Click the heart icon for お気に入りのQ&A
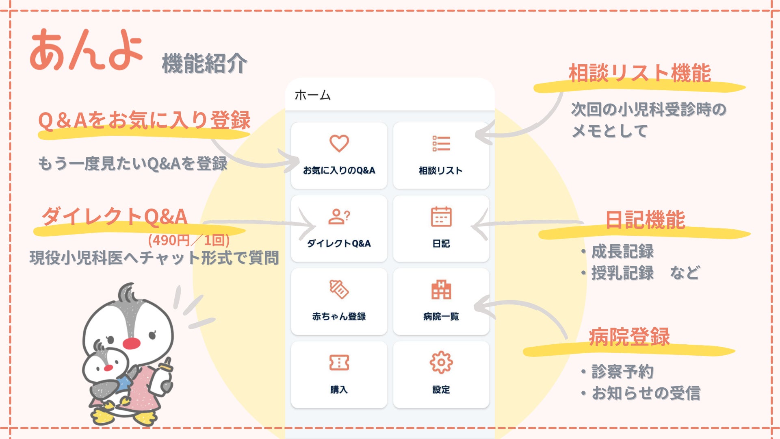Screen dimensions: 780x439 click(339, 143)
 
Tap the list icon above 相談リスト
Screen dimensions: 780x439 click(441, 143)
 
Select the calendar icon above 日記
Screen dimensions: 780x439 click(441, 217)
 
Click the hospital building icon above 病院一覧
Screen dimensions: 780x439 click(441, 289)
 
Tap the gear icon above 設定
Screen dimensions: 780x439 click(441, 362)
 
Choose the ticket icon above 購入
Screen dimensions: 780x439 click(339, 362)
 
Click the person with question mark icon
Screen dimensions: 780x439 click(339, 217)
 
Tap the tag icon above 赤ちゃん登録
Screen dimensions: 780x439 click(339, 289)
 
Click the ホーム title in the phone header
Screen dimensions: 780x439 click(313, 96)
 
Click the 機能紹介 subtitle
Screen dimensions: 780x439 click(204, 64)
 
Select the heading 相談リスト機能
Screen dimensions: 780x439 click(639, 74)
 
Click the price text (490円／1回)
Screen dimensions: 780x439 click(189, 240)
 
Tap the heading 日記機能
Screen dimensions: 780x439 click(645, 220)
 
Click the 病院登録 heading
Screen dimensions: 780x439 click(629, 337)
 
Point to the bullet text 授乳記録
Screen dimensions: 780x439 click(622, 273)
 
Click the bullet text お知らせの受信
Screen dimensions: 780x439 click(646, 393)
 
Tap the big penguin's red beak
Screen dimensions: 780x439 click(131, 343)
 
